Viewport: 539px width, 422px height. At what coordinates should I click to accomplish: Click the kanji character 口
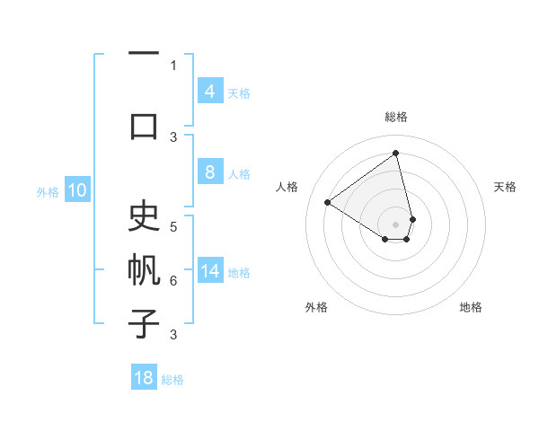tap(144, 125)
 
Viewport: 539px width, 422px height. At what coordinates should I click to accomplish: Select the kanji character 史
tap(144, 216)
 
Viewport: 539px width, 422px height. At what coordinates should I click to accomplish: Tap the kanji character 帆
tap(144, 269)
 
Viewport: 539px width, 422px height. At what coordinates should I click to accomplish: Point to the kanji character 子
tap(144, 323)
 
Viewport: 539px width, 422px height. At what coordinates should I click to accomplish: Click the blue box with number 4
tap(209, 92)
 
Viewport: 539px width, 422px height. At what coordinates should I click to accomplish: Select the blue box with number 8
tap(209, 173)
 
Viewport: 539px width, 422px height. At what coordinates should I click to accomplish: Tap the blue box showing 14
tap(209, 272)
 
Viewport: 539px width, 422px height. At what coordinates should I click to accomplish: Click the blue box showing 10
tap(77, 190)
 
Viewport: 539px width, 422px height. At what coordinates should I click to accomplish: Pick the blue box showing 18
tap(144, 378)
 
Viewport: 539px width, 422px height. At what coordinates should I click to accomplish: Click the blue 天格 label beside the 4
tap(239, 92)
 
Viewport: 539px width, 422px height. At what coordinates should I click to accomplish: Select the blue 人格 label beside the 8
tap(239, 174)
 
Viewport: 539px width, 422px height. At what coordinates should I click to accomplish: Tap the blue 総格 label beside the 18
tap(172, 379)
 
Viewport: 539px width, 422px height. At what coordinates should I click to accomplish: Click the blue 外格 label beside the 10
tap(48, 191)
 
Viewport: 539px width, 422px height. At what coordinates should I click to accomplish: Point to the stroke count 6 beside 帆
tap(173, 281)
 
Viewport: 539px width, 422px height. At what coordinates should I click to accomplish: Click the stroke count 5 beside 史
tap(173, 226)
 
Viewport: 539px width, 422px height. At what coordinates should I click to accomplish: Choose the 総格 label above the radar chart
tap(396, 117)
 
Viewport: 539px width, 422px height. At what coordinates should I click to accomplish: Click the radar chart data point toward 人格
tap(327, 203)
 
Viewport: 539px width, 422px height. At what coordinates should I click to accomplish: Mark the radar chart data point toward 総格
tap(396, 154)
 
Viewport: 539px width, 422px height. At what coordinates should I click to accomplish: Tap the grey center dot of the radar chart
tap(396, 224)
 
